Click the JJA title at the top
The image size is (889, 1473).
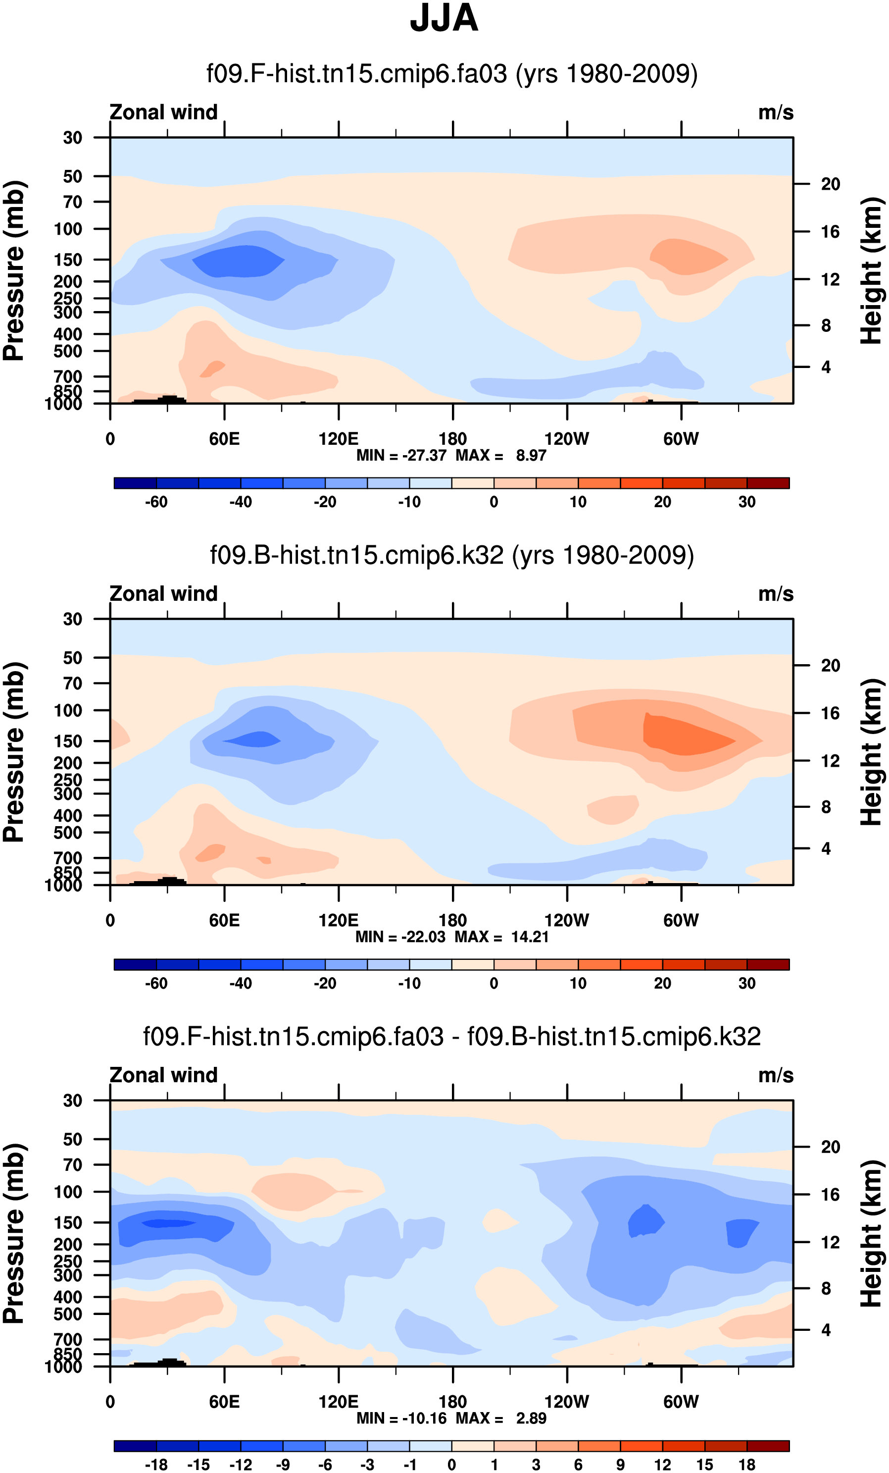tap(444, 18)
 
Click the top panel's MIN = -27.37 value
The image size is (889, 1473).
tap(401, 456)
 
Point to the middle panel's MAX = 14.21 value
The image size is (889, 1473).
tap(502, 937)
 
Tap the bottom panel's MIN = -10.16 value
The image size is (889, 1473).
tap(401, 1418)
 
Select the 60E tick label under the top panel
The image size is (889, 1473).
tap(224, 439)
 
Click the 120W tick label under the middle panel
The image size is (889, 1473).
tap(566, 921)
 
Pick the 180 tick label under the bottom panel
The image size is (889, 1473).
tap(452, 1402)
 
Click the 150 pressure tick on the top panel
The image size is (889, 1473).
tap(68, 260)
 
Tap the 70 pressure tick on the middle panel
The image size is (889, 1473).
tap(72, 684)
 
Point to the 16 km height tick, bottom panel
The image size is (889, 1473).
tap(830, 1195)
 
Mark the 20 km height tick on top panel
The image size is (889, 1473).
tap(830, 184)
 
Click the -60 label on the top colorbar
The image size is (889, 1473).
tap(156, 502)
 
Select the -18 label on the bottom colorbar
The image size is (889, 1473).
tap(156, 1465)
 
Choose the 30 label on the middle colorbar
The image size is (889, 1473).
tap(747, 983)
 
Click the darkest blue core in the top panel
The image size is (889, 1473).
tap(239, 261)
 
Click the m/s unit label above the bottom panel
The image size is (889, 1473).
tap(776, 1075)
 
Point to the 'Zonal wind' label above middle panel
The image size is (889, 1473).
tap(163, 594)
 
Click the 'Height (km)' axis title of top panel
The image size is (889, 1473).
tap(872, 270)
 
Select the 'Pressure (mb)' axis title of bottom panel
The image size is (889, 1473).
tap(14, 1233)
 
